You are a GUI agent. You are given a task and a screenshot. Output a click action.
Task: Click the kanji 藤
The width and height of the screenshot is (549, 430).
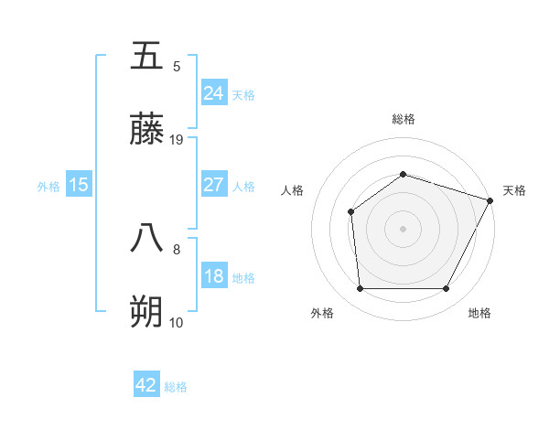coord(146,129)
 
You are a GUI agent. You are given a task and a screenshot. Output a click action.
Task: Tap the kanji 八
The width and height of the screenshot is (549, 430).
coord(146,238)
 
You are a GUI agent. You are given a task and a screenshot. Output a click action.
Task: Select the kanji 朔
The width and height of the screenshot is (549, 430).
coord(146,312)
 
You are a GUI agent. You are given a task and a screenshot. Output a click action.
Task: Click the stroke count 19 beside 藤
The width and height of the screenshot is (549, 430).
coord(178,139)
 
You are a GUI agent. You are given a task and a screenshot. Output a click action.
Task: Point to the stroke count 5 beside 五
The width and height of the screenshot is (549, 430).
coord(177,66)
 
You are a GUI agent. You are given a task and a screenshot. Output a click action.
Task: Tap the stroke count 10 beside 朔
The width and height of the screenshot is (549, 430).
coord(177,322)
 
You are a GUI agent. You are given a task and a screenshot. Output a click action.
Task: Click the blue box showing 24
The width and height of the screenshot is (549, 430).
coord(213,92)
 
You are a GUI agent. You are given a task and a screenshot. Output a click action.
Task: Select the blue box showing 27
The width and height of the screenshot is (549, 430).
coord(213,185)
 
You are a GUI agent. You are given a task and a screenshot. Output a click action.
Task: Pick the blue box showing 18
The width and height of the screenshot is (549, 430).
coord(213,276)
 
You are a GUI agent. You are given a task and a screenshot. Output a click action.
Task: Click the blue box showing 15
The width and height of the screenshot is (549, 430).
coord(79,185)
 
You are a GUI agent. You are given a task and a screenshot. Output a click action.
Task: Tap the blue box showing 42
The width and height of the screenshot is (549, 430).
coord(146,385)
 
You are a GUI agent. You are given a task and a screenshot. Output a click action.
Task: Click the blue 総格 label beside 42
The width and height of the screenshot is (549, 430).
coord(177,387)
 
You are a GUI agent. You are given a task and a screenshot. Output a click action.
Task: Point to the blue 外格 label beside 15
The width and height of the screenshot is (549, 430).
coord(48,186)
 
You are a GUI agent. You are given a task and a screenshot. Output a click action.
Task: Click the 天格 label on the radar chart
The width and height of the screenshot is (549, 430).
coord(514,190)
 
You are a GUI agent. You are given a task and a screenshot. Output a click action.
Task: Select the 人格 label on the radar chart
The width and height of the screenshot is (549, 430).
coord(293,190)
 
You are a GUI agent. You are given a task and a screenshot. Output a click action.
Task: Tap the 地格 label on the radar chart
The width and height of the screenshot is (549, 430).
coord(479,313)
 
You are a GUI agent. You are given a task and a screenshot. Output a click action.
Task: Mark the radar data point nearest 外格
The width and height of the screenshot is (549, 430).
coord(360,289)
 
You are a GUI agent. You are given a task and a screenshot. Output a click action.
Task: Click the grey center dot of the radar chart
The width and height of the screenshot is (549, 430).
coord(403,229)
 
